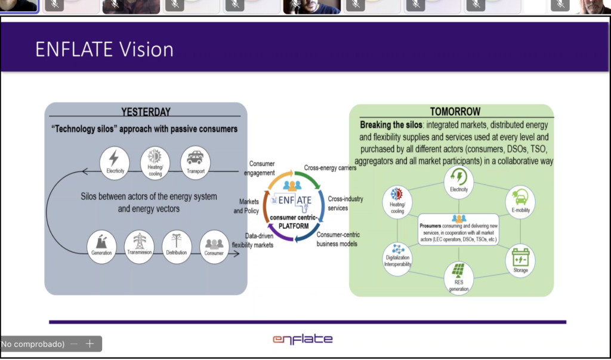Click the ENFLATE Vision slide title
coord(104,49)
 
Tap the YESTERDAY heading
coord(146,112)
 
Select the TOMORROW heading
coord(455,112)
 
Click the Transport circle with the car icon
coord(195,162)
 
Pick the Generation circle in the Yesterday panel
coord(102,244)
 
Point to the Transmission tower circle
coord(140,244)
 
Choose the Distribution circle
coord(177,244)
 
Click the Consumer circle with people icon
coord(214,245)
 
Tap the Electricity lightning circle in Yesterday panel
coord(114,162)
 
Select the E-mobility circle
coord(520,201)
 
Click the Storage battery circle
coord(520,260)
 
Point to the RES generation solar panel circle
coord(459,278)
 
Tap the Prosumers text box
coord(458,230)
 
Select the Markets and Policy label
coord(246,207)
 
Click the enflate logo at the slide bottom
coord(303,339)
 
